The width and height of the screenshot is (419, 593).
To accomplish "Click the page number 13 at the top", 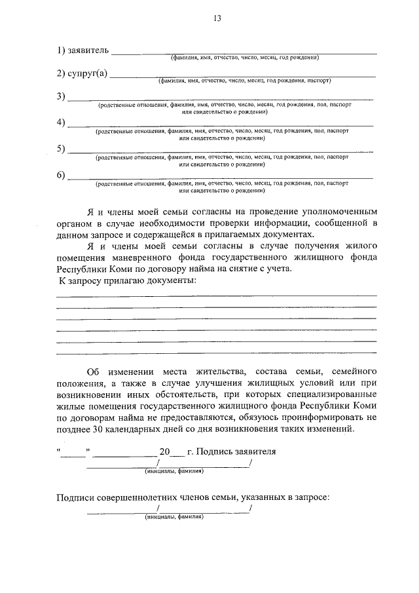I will [x=217, y=18].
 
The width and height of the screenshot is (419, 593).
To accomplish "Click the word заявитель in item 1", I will [x=89, y=50].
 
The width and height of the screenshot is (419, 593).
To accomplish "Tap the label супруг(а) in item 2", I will [x=86, y=73].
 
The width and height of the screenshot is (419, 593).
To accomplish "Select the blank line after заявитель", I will [x=246, y=52].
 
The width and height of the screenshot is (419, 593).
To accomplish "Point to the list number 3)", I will [x=61, y=97].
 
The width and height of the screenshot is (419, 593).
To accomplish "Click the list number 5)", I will [x=61, y=149].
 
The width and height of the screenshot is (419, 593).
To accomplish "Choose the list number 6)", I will [x=61, y=175].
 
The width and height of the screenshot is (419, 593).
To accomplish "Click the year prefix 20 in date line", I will [x=164, y=452].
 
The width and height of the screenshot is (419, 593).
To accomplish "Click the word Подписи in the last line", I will [x=75, y=498].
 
